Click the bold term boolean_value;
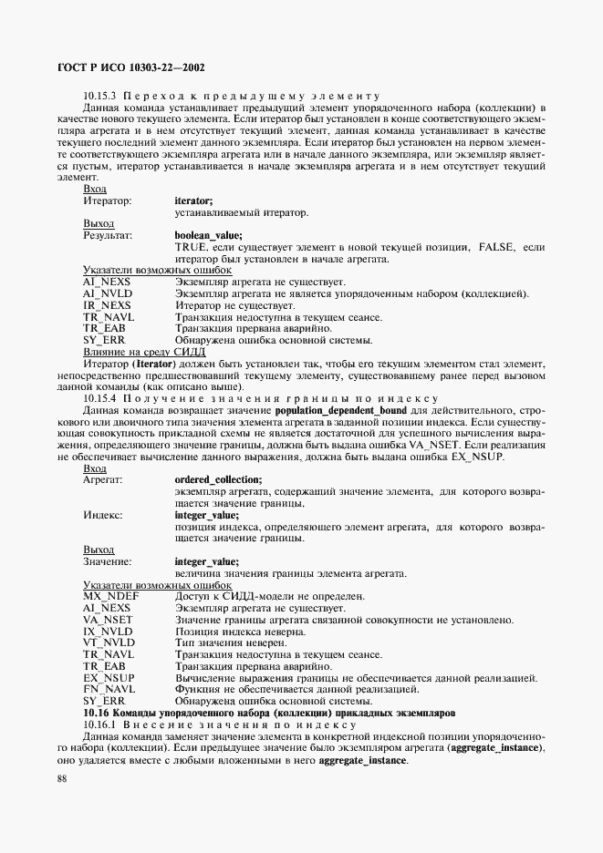coord(208,235)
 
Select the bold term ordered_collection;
coord(218,479)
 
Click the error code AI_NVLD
coord(107,293)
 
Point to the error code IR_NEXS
coord(107,305)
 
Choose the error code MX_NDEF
coord(110,596)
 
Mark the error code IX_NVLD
coord(108,631)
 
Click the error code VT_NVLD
coord(109,642)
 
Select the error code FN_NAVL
coord(109,689)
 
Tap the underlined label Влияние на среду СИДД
coord(144,352)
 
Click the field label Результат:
coord(108,235)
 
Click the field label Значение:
coord(108,561)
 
